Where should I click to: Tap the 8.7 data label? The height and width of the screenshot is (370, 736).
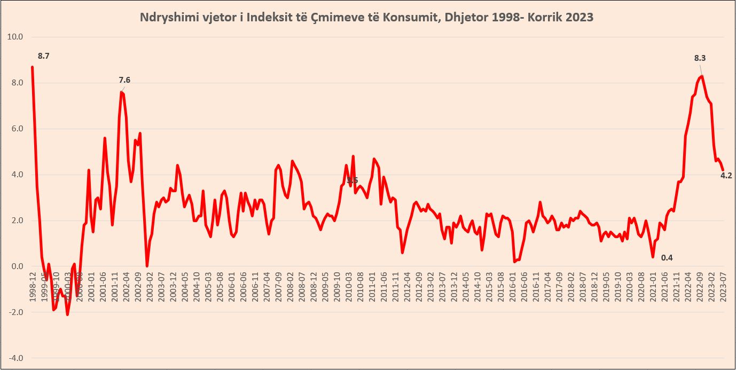[x=43, y=56]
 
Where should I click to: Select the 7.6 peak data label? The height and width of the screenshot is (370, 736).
[x=124, y=80]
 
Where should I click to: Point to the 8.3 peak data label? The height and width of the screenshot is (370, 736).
[x=700, y=58]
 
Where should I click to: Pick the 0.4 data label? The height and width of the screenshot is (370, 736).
[x=667, y=258]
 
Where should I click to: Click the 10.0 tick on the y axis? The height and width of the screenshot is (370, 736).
[x=15, y=37]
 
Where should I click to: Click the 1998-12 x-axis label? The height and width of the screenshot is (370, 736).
[x=33, y=287]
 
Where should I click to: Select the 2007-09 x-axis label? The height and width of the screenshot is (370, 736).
[x=278, y=287]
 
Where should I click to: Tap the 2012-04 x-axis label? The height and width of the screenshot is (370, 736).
[x=408, y=287]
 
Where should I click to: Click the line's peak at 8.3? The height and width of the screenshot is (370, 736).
[x=702, y=76]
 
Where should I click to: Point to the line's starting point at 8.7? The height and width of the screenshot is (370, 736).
[x=32, y=67]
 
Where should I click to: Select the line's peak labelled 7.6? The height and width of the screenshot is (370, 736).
[x=122, y=92]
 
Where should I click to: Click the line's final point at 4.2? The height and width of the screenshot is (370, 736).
[x=723, y=170]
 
